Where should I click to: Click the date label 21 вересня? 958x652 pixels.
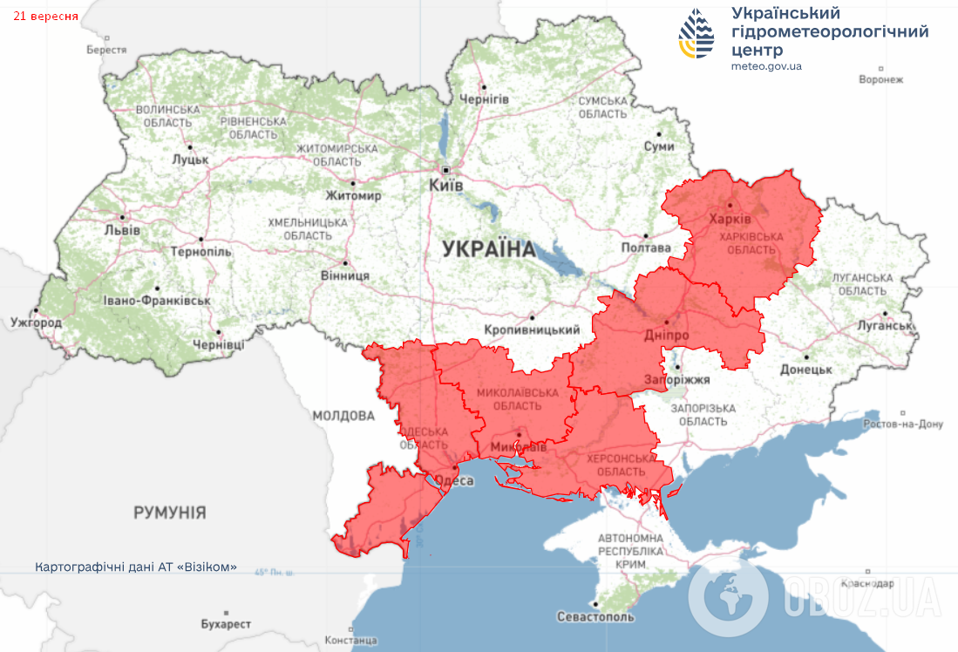(x=44, y=17)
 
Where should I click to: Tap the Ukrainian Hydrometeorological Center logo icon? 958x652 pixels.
(x=696, y=33)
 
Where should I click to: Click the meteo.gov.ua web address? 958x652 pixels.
(x=766, y=66)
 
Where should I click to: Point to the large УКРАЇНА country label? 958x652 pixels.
(x=488, y=249)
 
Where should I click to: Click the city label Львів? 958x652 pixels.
(x=121, y=230)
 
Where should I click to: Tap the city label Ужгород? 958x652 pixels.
(x=36, y=323)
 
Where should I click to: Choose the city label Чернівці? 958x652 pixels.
(x=218, y=344)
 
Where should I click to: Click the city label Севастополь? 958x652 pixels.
(x=595, y=616)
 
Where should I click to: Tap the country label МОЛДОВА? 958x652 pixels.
(x=343, y=416)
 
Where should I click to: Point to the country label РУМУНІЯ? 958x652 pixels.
(x=169, y=513)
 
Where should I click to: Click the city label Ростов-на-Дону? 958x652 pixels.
(x=902, y=424)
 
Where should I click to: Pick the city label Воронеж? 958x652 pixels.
(x=880, y=79)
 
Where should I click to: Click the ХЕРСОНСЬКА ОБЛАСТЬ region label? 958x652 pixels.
(x=621, y=465)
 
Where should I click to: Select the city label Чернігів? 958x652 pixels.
(x=484, y=98)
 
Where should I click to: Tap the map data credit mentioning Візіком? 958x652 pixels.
(x=136, y=567)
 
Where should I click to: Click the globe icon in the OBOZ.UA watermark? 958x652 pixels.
(x=728, y=599)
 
